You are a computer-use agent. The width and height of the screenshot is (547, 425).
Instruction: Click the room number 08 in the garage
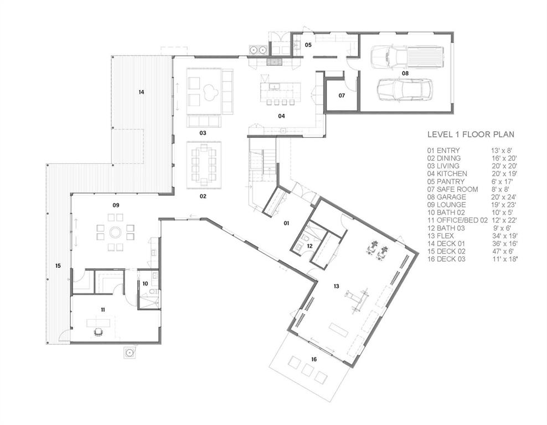click(x=405, y=73)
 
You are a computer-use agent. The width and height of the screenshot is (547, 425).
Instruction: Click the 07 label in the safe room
click(x=342, y=96)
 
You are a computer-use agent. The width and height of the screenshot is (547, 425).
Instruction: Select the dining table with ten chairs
click(x=203, y=164)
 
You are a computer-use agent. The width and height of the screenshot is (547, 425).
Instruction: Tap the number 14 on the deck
click(x=141, y=92)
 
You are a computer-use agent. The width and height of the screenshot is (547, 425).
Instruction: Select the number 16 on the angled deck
click(x=314, y=360)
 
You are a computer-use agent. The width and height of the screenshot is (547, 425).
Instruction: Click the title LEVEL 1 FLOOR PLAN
click(x=471, y=134)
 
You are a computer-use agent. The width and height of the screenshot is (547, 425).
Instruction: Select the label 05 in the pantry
click(x=308, y=44)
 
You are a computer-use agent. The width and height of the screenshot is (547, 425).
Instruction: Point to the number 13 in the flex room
click(x=336, y=286)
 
